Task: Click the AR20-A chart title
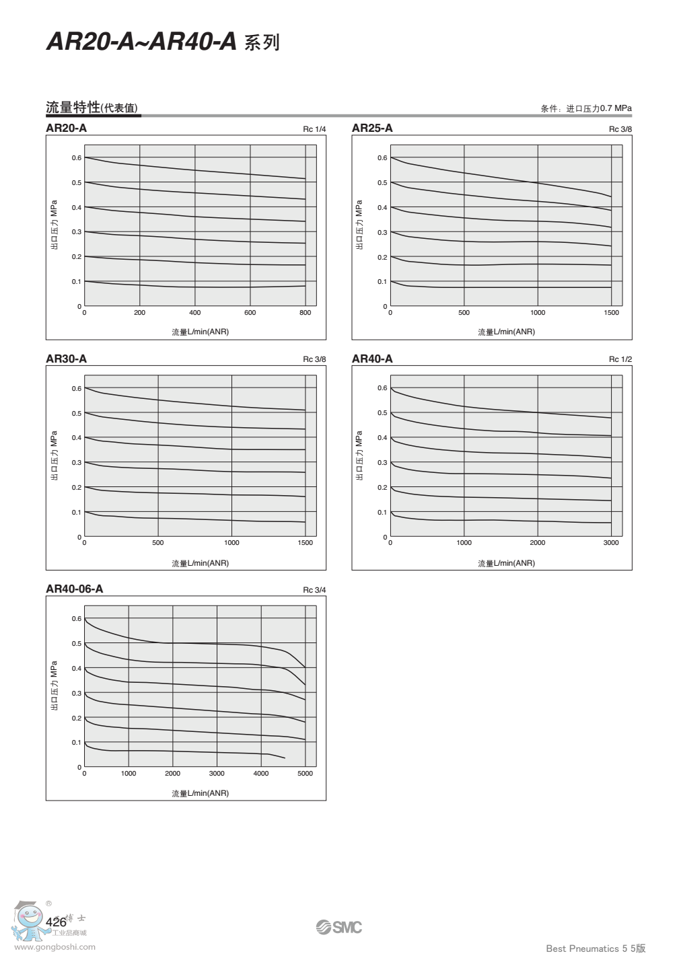tap(66, 128)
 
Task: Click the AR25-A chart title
tap(372, 128)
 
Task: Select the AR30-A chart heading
tap(66, 359)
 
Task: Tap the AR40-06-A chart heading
tap(75, 589)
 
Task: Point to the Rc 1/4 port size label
tap(314, 129)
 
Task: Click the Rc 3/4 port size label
tap(314, 590)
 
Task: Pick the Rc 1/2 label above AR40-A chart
tap(620, 359)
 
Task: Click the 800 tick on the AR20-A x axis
tap(306, 313)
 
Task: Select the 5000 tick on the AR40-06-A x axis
tap(306, 774)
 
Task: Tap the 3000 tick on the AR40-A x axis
tap(611, 543)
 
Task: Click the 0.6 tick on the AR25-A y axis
tap(382, 158)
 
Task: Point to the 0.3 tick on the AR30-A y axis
tap(77, 463)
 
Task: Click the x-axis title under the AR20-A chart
tap(200, 332)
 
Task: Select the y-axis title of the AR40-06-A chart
tap(55, 686)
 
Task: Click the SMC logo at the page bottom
tap(339, 927)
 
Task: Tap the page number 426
tap(57, 922)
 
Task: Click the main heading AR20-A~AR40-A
tap(142, 42)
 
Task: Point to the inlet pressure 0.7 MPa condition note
tap(586, 108)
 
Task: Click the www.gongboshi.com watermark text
tap(55, 947)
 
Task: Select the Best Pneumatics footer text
tap(596, 949)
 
